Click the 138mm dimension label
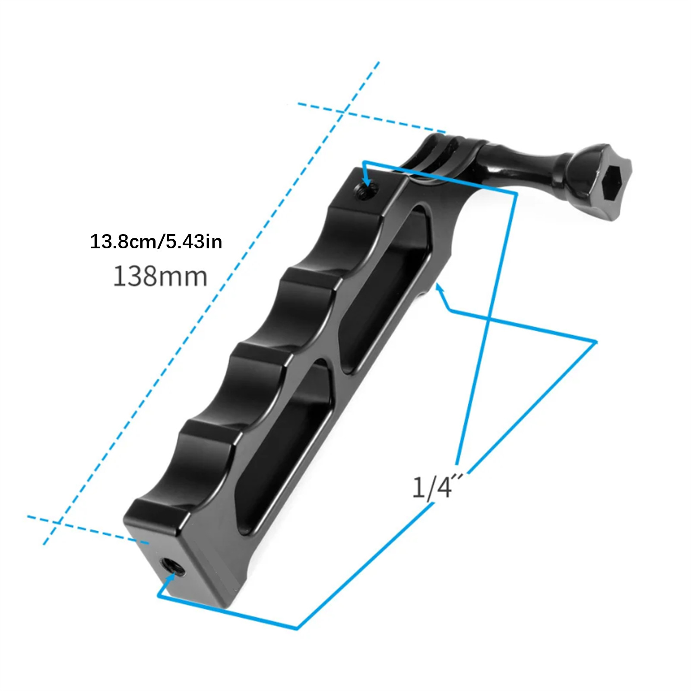[x=160, y=276]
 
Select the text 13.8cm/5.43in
[x=156, y=241]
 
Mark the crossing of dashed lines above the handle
[x=342, y=113]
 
